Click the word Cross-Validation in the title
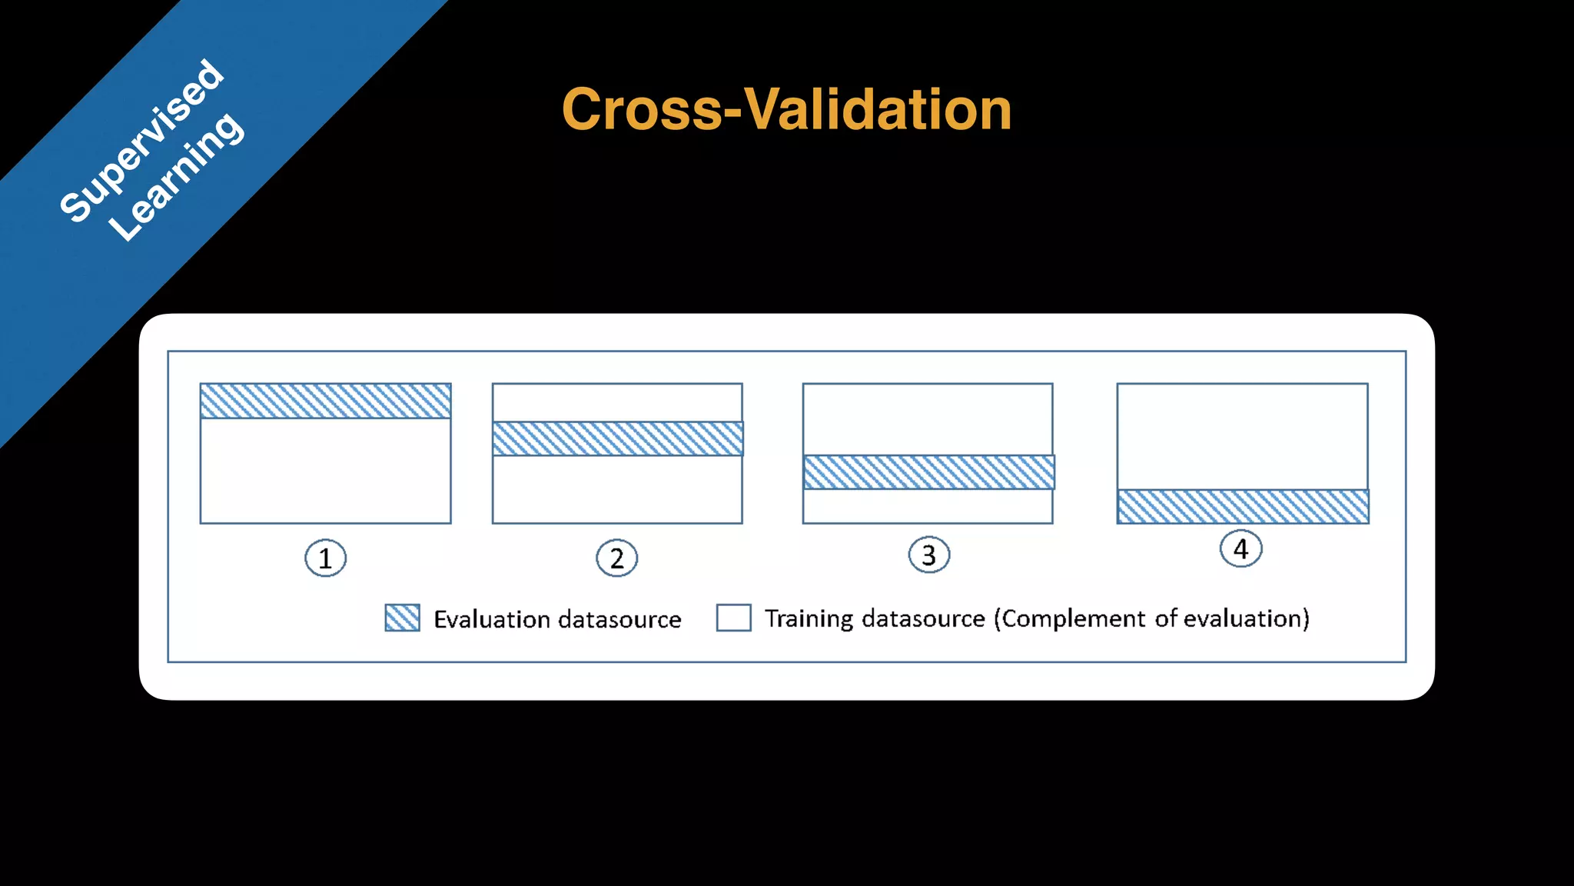click(x=786, y=109)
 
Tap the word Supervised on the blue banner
click(x=142, y=141)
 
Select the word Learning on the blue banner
click(x=177, y=178)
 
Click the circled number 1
click(x=325, y=558)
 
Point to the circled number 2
click(x=616, y=558)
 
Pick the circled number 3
click(x=929, y=555)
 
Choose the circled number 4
click(x=1240, y=549)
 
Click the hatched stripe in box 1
click(x=325, y=401)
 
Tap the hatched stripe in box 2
click(x=617, y=438)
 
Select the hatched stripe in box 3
click(x=928, y=472)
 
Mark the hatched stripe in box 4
click(x=1242, y=507)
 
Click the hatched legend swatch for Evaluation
click(x=402, y=618)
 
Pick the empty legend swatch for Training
click(x=733, y=618)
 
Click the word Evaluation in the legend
click(x=492, y=619)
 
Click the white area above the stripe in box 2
click(x=617, y=402)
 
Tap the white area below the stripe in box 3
click(x=928, y=507)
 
